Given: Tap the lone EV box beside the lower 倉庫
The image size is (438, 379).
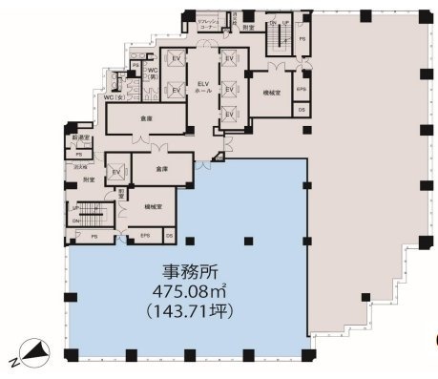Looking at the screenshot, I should coord(116,171).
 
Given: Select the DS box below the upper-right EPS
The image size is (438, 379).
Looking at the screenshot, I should coord(302,110).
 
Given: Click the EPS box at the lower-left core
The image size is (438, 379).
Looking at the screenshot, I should coord(146,235).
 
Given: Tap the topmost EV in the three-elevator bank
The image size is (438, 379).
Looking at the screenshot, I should coord(229,59).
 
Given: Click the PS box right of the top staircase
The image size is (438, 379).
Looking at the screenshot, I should coord(303,38).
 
